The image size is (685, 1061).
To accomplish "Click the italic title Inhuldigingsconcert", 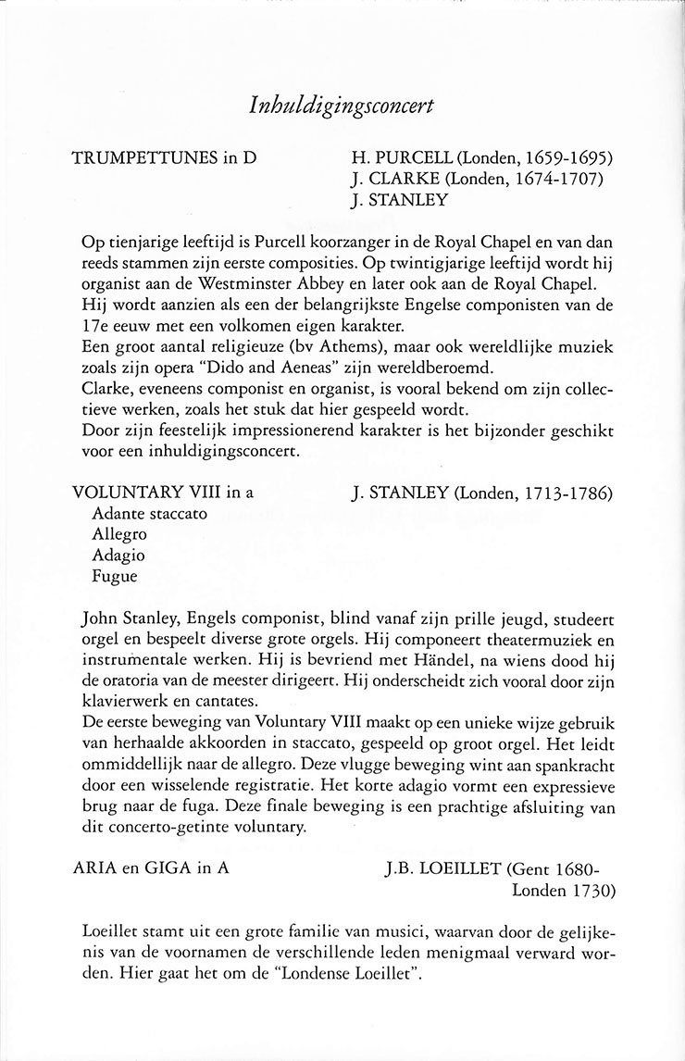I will pos(342,107).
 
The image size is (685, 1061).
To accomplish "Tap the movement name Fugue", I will pos(115,575).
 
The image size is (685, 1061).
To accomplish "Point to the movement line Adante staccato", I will pos(149,513).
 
